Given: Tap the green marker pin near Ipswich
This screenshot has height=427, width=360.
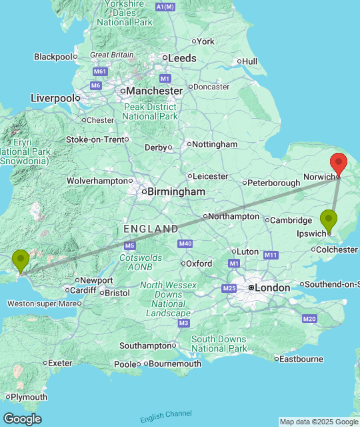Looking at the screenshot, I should [329, 220].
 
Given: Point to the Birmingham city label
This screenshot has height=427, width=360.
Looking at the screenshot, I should [176, 191].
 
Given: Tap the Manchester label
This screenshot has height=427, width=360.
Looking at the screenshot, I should [155, 90].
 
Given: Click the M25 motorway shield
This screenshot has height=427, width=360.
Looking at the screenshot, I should [229, 288].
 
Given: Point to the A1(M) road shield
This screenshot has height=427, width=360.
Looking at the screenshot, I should [165, 7].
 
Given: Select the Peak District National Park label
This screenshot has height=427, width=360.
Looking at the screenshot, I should [150, 111].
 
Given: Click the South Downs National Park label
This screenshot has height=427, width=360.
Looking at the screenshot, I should [219, 344].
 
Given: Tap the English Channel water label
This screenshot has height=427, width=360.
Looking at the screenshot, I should [166, 416].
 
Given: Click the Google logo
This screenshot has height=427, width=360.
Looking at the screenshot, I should [21, 418].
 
